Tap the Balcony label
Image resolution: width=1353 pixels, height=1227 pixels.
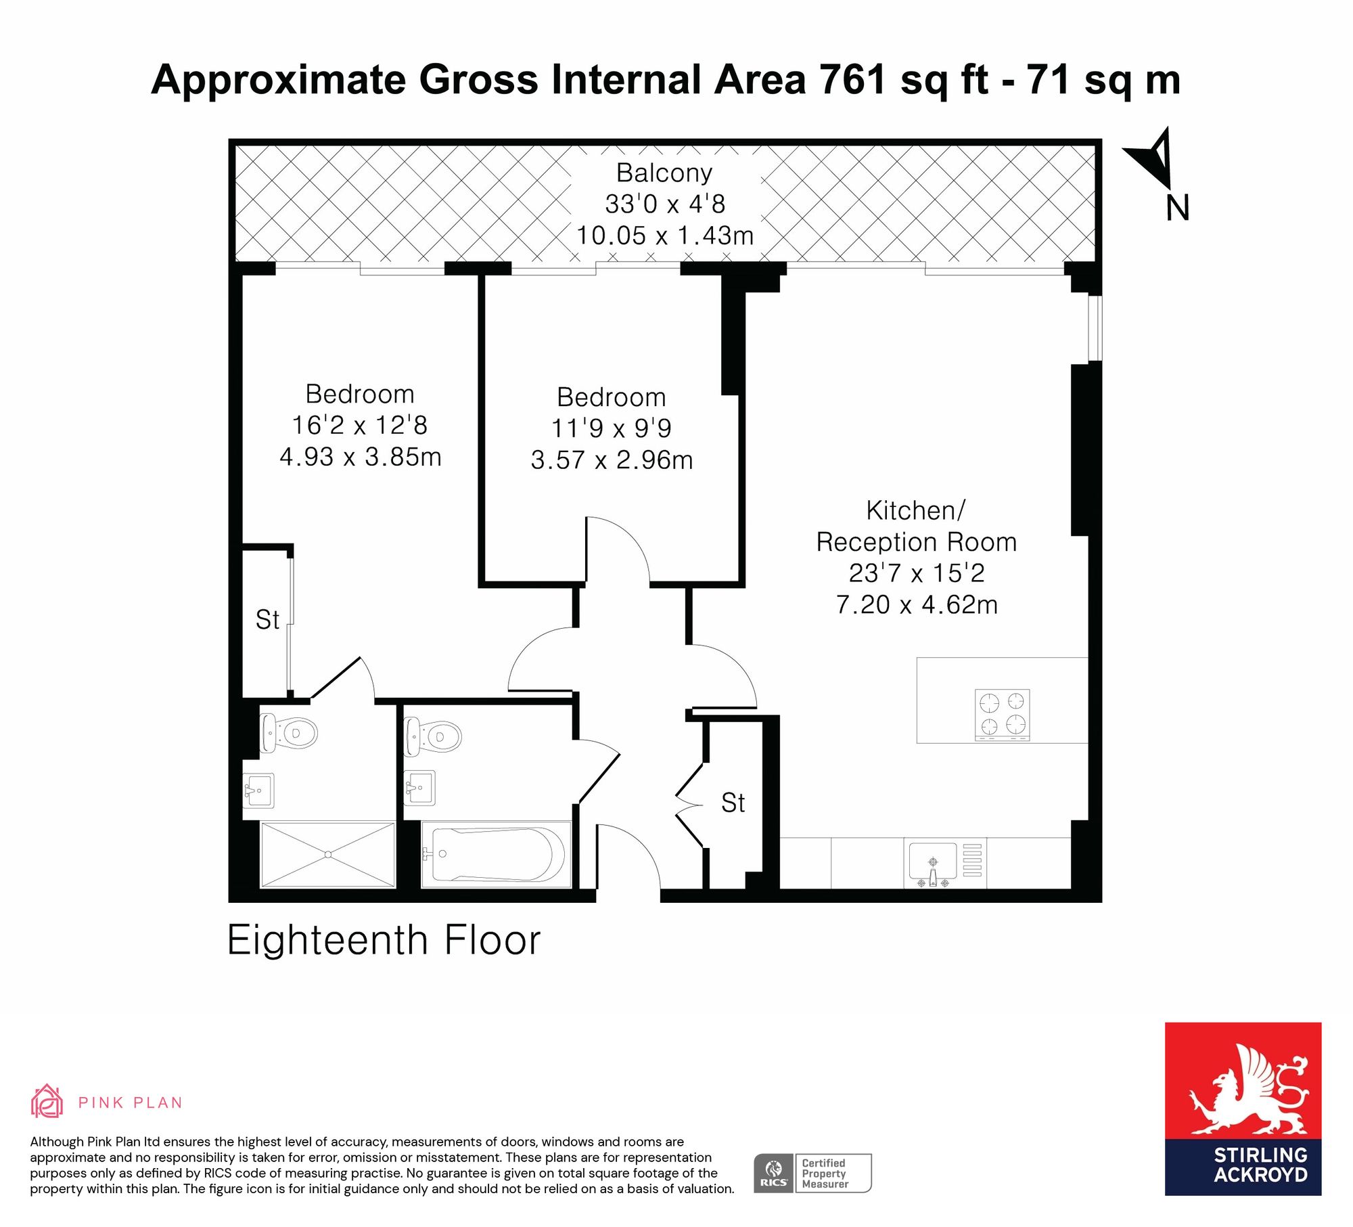[x=664, y=173]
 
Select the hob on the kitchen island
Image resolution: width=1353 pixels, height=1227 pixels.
[x=1002, y=715]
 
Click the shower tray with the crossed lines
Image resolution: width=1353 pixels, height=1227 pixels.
[x=327, y=855]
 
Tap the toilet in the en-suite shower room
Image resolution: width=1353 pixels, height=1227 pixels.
[x=289, y=732]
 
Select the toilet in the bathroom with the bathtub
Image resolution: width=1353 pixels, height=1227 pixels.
[x=433, y=736]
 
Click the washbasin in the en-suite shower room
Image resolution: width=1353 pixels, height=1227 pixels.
[x=258, y=790]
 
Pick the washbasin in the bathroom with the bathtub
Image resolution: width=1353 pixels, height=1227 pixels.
[x=419, y=788]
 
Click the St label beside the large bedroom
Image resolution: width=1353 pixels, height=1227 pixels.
[x=267, y=620]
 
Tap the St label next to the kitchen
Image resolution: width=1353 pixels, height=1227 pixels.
[x=733, y=803]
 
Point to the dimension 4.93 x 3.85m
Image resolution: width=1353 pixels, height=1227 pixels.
[x=361, y=457]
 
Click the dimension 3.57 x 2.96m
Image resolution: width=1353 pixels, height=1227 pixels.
[x=612, y=460]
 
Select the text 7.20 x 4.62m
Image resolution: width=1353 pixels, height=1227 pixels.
[x=917, y=604]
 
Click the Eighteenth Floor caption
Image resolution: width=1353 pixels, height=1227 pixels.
[x=384, y=940]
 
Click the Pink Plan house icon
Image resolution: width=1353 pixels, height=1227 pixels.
[x=47, y=1100]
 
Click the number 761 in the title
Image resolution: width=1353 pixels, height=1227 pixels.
[x=852, y=79]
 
